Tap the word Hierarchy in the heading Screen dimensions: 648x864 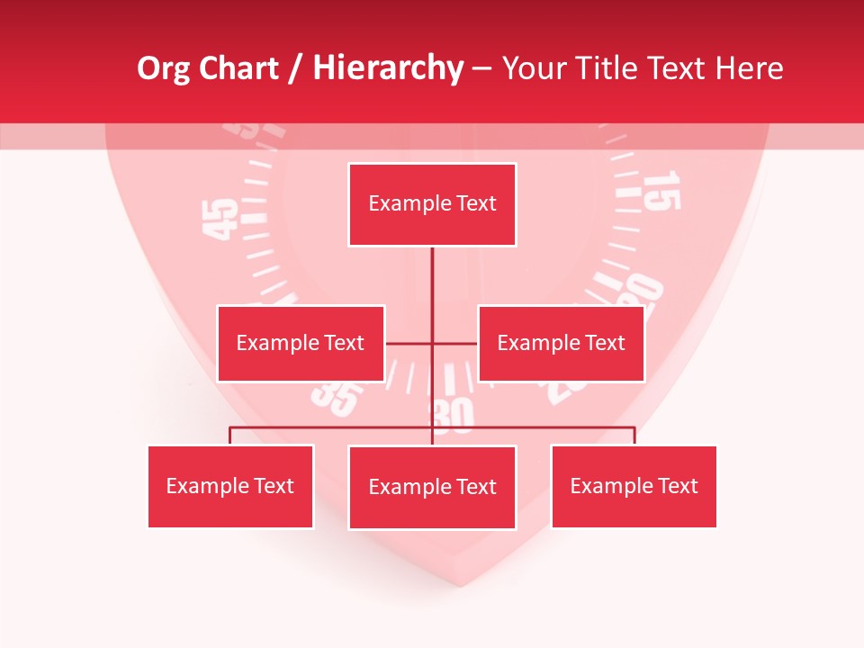388,68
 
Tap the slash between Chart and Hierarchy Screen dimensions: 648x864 296,69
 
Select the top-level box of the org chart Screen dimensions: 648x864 432,204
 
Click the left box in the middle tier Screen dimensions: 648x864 301,343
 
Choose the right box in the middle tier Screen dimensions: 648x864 561,343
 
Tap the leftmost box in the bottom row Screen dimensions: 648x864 230,486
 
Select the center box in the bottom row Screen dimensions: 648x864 432,487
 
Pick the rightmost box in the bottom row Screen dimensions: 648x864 634,486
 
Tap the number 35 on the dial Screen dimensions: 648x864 337,398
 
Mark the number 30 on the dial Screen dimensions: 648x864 453,415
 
